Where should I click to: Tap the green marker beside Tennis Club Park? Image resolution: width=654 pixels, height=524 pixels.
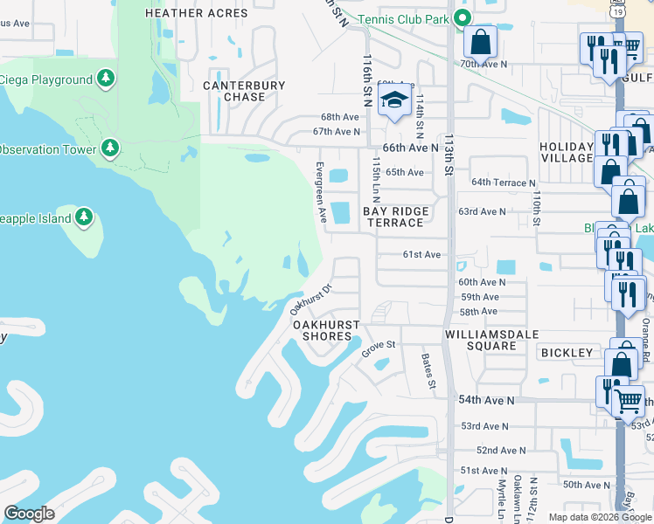465,19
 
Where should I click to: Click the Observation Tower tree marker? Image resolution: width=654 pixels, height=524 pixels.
109,148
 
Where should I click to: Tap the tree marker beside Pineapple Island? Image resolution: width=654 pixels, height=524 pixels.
83,217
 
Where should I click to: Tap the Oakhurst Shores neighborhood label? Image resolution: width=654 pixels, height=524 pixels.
326,330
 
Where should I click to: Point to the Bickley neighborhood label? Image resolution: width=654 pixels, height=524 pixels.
567,353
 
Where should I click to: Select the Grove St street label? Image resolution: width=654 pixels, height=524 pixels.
379,349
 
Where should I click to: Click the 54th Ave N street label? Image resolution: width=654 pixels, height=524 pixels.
497,399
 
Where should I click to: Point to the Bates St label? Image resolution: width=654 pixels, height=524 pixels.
428,370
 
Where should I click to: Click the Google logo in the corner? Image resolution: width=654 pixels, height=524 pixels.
28,514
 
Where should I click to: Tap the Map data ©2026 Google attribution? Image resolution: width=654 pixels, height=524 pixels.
599,517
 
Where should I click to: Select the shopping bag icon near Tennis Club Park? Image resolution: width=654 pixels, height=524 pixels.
480,41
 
